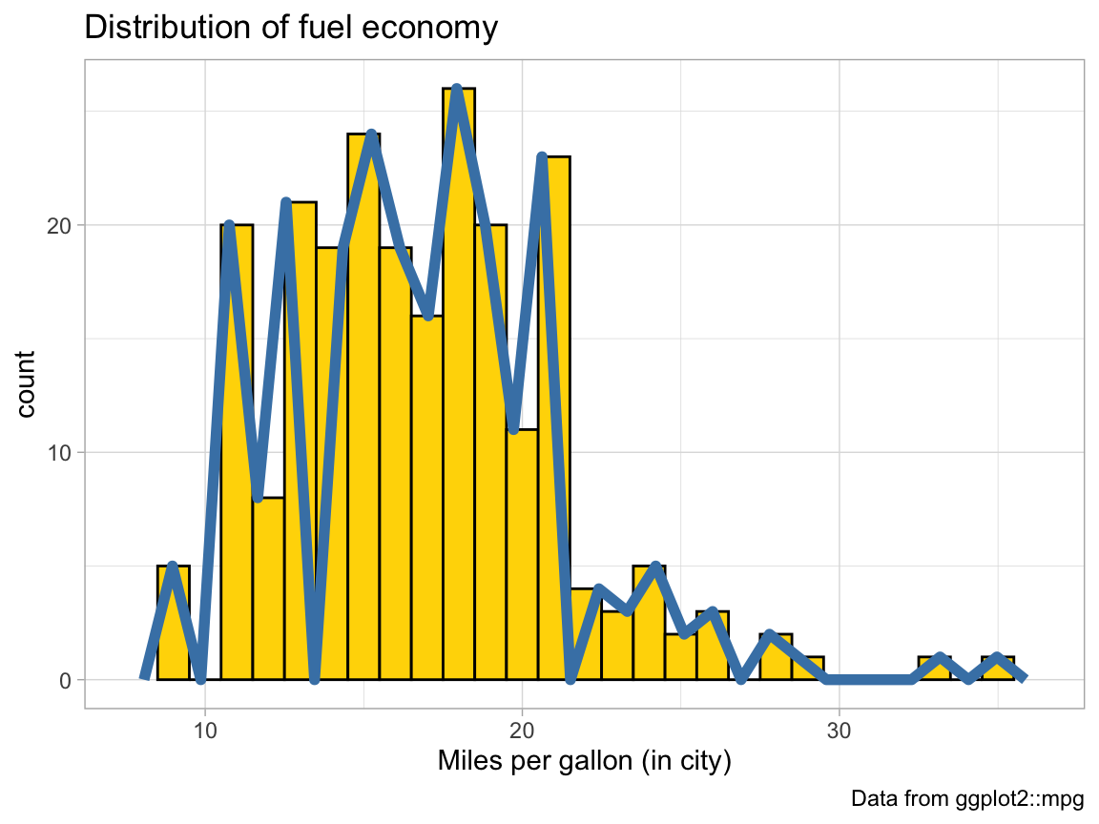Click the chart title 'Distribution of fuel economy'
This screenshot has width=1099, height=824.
[291, 28]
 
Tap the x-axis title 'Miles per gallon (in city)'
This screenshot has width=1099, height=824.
[584, 761]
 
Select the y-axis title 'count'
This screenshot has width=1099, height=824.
[26, 383]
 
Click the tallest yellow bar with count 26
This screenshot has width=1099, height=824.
[459, 381]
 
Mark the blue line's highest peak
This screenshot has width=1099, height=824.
[457, 90]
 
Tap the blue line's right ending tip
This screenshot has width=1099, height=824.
[1023, 677]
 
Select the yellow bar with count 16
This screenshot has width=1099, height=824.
[427, 496]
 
